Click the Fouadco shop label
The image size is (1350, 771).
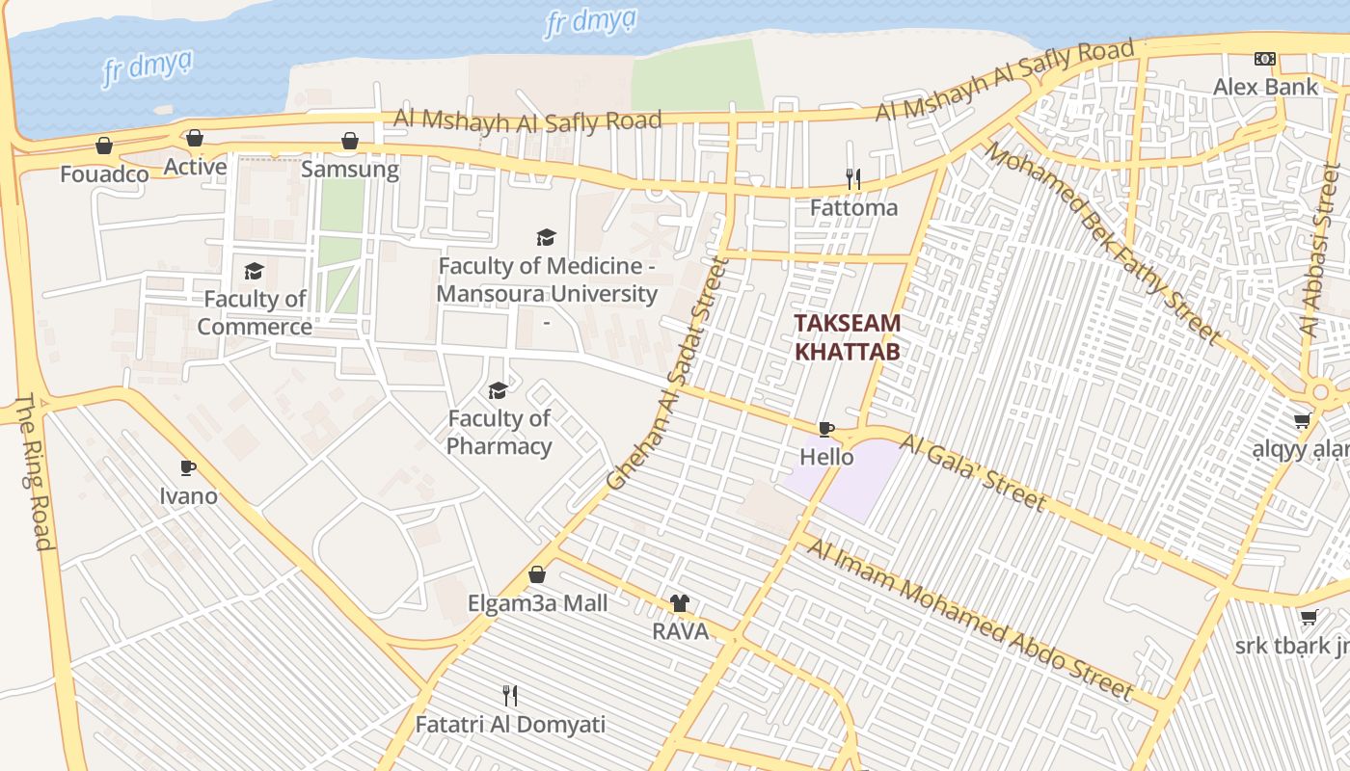point(104,174)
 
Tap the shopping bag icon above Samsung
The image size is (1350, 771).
point(350,142)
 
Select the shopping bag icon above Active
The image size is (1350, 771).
point(195,139)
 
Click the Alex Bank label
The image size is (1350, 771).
point(1265,87)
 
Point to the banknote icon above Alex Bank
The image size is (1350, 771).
point(1265,59)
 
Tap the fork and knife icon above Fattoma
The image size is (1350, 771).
point(853,178)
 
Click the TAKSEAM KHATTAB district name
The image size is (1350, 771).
point(848,337)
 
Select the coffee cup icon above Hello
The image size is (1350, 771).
point(826,429)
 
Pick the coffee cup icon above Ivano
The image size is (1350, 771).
point(188,468)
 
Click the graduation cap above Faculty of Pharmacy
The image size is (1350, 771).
point(499,390)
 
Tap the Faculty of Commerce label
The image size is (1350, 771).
point(255,313)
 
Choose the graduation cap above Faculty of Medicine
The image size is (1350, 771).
point(547,237)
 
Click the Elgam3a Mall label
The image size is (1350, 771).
point(537,603)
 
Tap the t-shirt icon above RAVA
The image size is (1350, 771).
point(680,603)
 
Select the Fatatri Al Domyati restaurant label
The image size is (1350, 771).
point(510,724)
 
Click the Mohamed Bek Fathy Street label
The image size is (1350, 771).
point(1101,242)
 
